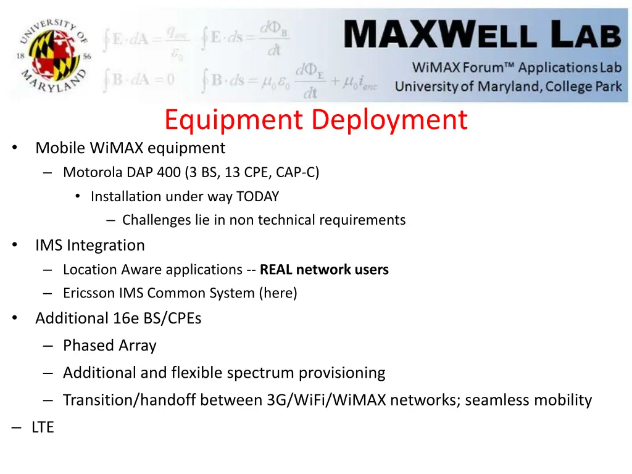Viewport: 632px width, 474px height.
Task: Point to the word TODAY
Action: pos(257,197)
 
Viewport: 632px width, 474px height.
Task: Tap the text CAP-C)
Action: pos(297,172)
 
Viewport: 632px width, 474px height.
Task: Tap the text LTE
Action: pos(43,427)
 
